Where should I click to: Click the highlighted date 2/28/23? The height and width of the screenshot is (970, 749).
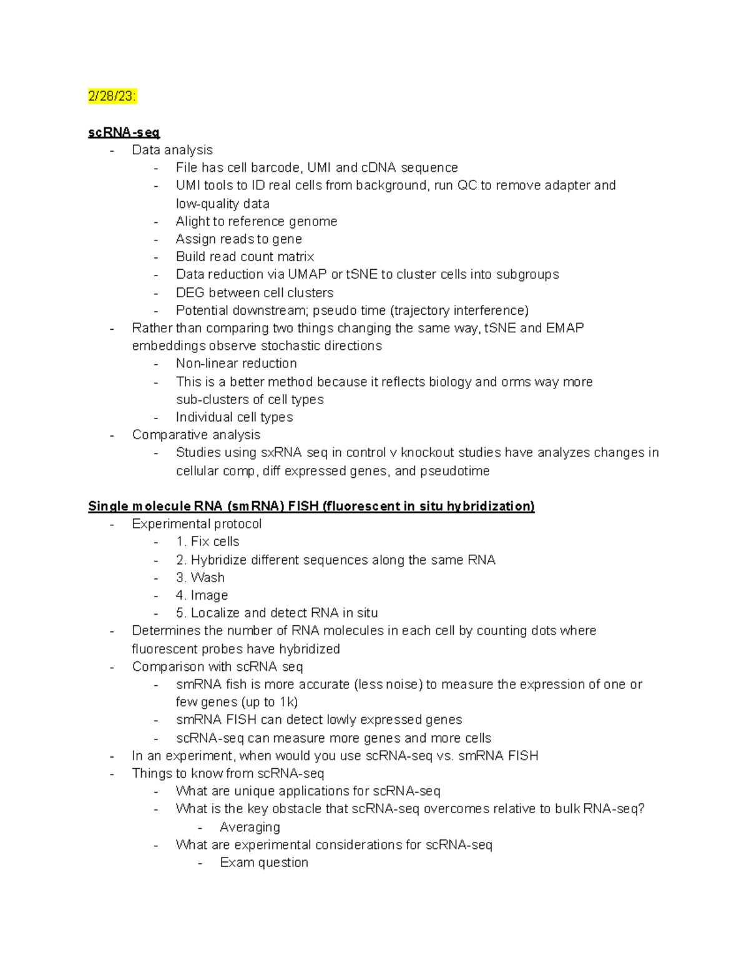click(x=112, y=96)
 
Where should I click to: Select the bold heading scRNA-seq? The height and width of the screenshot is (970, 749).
click(x=124, y=132)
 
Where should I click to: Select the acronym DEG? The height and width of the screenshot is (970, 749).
click(x=190, y=292)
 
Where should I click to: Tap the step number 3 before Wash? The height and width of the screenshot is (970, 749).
click(x=180, y=578)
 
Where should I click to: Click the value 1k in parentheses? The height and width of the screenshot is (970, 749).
click(x=288, y=702)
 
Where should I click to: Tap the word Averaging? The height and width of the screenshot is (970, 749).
click(x=250, y=827)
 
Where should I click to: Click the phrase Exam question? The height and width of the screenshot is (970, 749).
click(x=264, y=863)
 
